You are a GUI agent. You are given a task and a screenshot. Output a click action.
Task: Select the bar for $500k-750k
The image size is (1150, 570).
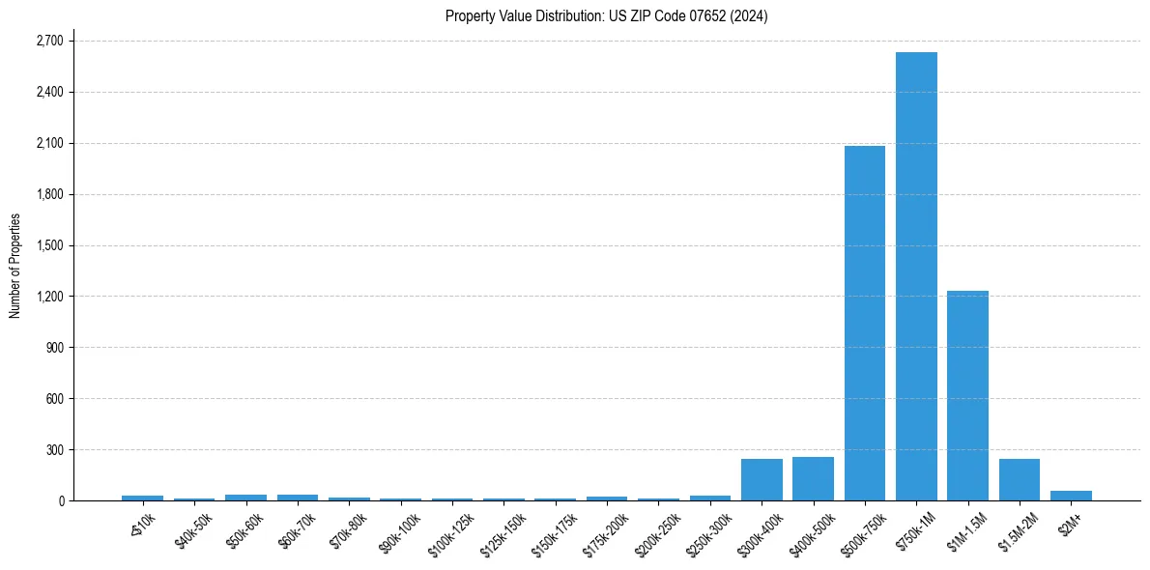coord(864,323)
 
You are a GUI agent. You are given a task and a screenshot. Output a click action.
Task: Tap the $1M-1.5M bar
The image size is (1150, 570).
coord(967,395)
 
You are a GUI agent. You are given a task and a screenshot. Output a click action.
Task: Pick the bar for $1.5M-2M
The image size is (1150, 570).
coord(1020,479)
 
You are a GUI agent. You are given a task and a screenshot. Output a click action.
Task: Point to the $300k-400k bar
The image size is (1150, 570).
coord(762,479)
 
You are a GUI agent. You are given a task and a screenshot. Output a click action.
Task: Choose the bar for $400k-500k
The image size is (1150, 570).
coord(813,478)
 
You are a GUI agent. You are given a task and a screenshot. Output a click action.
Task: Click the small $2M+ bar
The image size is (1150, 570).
coord(1071,496)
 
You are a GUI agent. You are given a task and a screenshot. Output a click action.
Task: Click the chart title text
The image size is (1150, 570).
coord(606,16)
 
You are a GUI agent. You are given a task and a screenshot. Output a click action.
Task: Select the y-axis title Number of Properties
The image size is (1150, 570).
coord(15,266)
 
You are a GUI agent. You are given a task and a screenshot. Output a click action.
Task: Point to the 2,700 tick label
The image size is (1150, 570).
coord(48,42)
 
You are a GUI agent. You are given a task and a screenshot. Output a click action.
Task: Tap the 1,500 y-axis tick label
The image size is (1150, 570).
coord(48,245)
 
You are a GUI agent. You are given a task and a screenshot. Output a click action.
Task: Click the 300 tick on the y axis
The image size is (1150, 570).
coord(54,450)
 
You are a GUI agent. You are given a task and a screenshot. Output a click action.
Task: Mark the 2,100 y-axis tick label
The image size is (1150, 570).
coord(48,144)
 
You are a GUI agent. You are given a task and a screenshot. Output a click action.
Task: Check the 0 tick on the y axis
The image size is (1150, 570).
coord(60,501)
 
